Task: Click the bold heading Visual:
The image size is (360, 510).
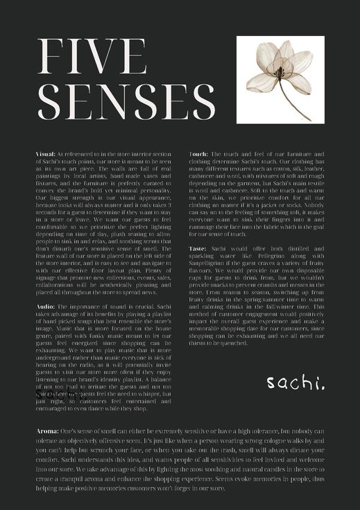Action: (45, 153)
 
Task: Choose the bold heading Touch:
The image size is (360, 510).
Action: (199, 153)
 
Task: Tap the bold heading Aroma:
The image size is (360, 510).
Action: (48, 432)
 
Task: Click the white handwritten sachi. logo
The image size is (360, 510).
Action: (295, 382)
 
